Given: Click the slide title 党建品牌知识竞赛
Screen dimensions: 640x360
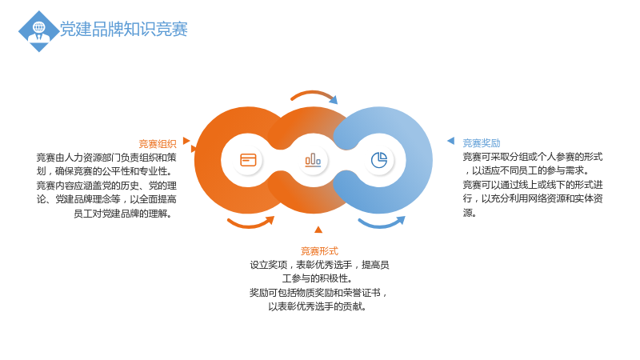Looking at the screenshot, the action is (x=124, y=29).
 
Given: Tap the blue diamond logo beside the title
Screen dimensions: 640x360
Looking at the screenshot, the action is (x=38, y=31).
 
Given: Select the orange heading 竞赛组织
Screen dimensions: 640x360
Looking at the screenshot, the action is (x=157, y=144).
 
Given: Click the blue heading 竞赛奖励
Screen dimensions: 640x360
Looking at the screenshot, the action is (x=482, y=143).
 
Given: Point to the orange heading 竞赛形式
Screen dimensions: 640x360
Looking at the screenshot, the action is (x=319, y=251).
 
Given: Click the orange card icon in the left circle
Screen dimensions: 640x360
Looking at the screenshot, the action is (x=248, y=160).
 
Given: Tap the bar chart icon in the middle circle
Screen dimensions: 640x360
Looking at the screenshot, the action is (x=313, y=160).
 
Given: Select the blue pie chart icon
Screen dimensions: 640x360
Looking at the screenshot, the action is (x=379, y=160).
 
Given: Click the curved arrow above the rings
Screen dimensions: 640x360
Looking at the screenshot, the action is (x=313, y=93).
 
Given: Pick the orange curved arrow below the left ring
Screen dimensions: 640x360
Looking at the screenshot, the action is (x=250, y=225).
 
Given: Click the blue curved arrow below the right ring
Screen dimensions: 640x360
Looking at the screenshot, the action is (x=382, y=225).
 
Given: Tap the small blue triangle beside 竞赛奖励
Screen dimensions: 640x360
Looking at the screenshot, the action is (x=451, y=141).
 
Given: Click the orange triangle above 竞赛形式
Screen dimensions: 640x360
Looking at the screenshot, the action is (x=318, y=230).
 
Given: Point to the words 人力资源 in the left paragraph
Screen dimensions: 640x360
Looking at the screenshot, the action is (x=83, y=158).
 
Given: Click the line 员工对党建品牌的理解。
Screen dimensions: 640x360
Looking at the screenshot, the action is (x=122, y=214).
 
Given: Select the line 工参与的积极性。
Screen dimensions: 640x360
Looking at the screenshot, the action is (x=318, y=278).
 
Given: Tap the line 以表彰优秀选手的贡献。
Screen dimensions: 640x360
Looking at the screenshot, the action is (x=318, y=306).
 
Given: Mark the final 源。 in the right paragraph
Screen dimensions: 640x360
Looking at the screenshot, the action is (x=470, y=213).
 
